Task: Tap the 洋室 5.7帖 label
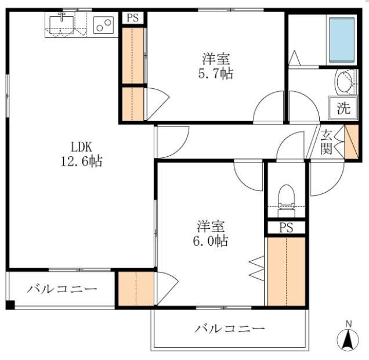click(215, 66)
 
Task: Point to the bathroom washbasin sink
click(345, 82)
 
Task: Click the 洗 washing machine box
click(343, 108)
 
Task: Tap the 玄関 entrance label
click(327, 142)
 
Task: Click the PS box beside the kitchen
click(133, 17)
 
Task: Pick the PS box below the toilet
click(286, 228)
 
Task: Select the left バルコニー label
click(62, 289)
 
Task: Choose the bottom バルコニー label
click(229, 329)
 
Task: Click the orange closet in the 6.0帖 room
click(286, 270)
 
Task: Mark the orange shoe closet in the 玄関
click(352, 142)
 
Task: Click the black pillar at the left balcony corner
click(9, 305)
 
